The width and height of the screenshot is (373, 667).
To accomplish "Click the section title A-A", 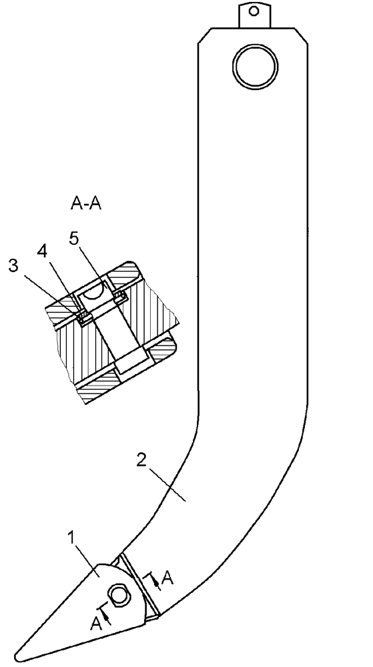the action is (x=86, y=204).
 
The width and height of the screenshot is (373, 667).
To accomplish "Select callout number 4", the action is (x=42, y=251).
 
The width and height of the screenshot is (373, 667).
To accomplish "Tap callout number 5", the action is (x=74, y=239).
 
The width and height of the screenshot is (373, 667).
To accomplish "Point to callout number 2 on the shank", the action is (x=142, y=461).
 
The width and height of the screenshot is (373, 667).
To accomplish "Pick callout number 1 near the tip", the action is (x=71, y=538).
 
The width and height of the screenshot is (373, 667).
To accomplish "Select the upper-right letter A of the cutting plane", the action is (x=168, y=578).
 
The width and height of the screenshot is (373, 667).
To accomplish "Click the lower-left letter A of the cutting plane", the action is (x=95, y=624).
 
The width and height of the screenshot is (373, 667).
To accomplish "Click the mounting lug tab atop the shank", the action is (x=254, y=15).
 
